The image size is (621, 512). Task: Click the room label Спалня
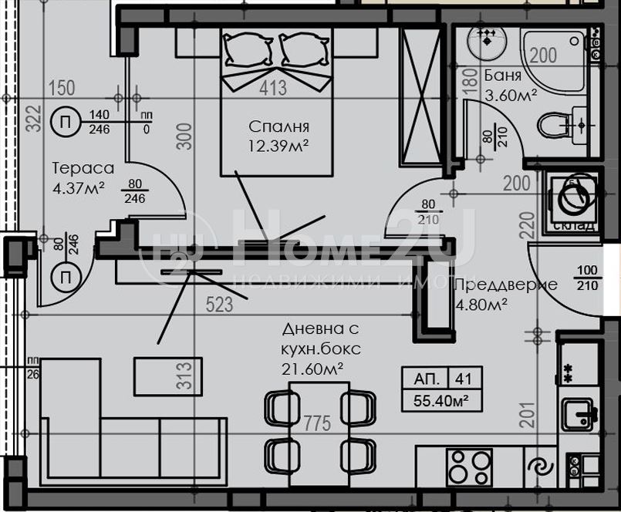tap(278, 126)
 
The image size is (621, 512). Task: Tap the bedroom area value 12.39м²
tap(278, 145)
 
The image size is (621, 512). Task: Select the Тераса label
tap(83, 168)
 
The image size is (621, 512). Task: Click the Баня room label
tap(503, 76)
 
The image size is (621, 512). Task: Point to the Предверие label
tap(505, 285)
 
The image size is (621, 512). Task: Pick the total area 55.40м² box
tap(442, 400)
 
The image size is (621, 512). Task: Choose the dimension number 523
tap(219, 305)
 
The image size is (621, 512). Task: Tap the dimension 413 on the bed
tap(272, 89)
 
